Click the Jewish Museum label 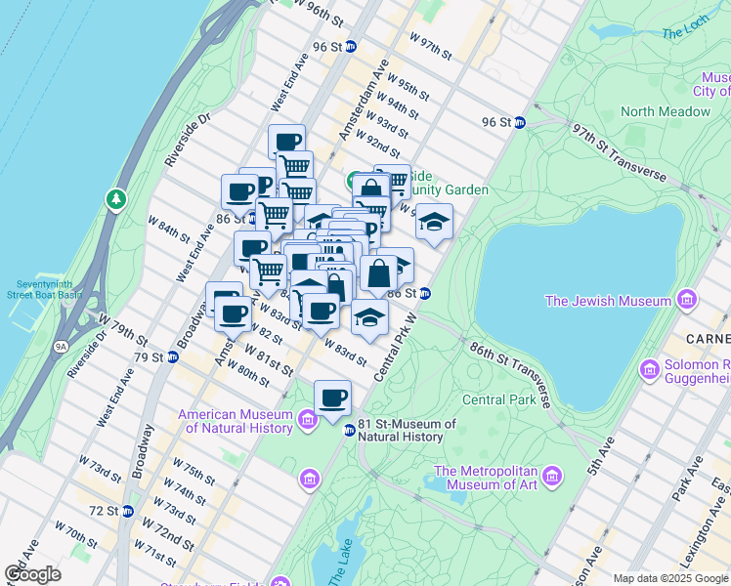(608, 300)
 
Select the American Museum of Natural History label (236, 421)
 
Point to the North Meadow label (665, 111)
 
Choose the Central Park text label (497, 399)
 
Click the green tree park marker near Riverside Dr (116, 199)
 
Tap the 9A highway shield (61, 345)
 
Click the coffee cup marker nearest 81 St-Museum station (332, 398)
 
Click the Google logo (33, 574)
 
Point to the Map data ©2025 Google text (669, 577)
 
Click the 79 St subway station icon (173, 356)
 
